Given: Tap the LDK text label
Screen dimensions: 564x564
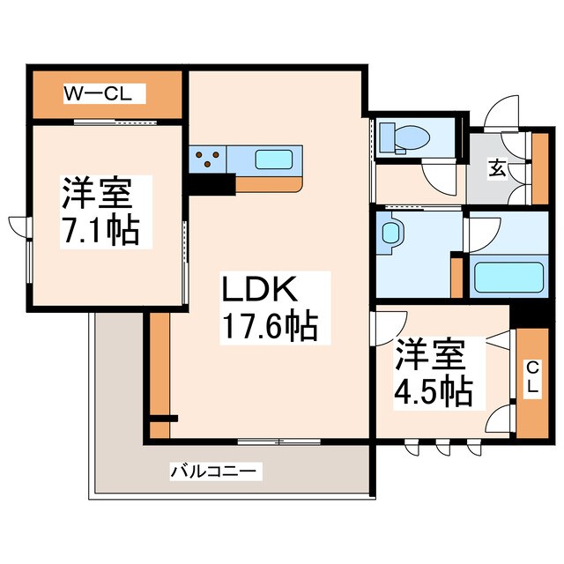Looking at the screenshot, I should click(261, 290).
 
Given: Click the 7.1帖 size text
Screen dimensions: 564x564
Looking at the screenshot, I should click(99, 231).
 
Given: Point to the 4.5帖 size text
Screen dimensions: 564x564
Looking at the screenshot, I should click(433, 389).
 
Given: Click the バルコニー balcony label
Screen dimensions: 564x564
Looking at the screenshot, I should click(216, 472).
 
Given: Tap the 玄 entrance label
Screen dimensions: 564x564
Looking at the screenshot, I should click(498, 168).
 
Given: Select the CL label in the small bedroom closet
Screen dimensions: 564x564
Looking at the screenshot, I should click(533, 378).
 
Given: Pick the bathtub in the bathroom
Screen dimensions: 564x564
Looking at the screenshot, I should click(506, 278).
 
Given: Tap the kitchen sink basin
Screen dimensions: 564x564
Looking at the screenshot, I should click(277, 159).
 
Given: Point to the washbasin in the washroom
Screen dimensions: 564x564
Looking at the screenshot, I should click(391, 234).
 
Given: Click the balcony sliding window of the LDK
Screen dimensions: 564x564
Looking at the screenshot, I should click(278, 441).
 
